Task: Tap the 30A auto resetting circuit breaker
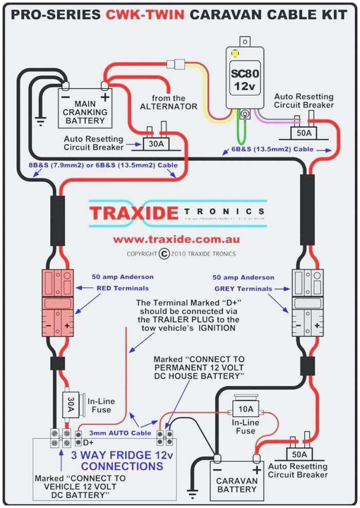click(x=156, y=143)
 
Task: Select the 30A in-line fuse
click(x=71, y=403)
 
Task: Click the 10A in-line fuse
click(x=246, y=409)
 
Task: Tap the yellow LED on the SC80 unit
click(x=235, y=53)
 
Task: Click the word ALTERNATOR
click(x=169, y=106)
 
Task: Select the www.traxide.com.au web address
click(x=176, y=239)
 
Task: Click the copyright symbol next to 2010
click(x=164, y=253)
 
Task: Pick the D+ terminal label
click(x=88, y=442)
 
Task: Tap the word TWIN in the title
click(x=161, y=15)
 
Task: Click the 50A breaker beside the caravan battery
click(x=299, y=455)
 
